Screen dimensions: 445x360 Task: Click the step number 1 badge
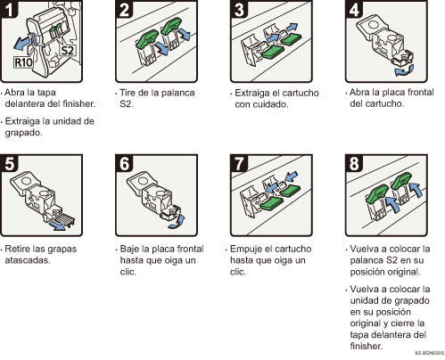[9, 9]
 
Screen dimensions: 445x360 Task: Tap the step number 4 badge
[354, 9]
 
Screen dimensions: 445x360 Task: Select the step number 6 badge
[124, 163]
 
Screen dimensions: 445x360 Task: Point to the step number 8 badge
[354, 163]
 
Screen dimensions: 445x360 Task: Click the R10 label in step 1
[23, 62]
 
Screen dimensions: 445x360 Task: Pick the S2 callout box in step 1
[67, 50]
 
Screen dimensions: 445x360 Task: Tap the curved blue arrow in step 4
[404, 71]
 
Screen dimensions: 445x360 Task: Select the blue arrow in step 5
[58, 226]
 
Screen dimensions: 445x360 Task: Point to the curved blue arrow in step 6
[177, 222]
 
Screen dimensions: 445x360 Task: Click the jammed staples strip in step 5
[63, 219]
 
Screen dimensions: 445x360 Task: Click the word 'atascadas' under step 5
[27, 260]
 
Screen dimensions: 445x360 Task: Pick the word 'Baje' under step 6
[129, 249]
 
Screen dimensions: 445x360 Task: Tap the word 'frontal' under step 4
[421, 92]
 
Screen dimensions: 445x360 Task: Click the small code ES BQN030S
[430, 353]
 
